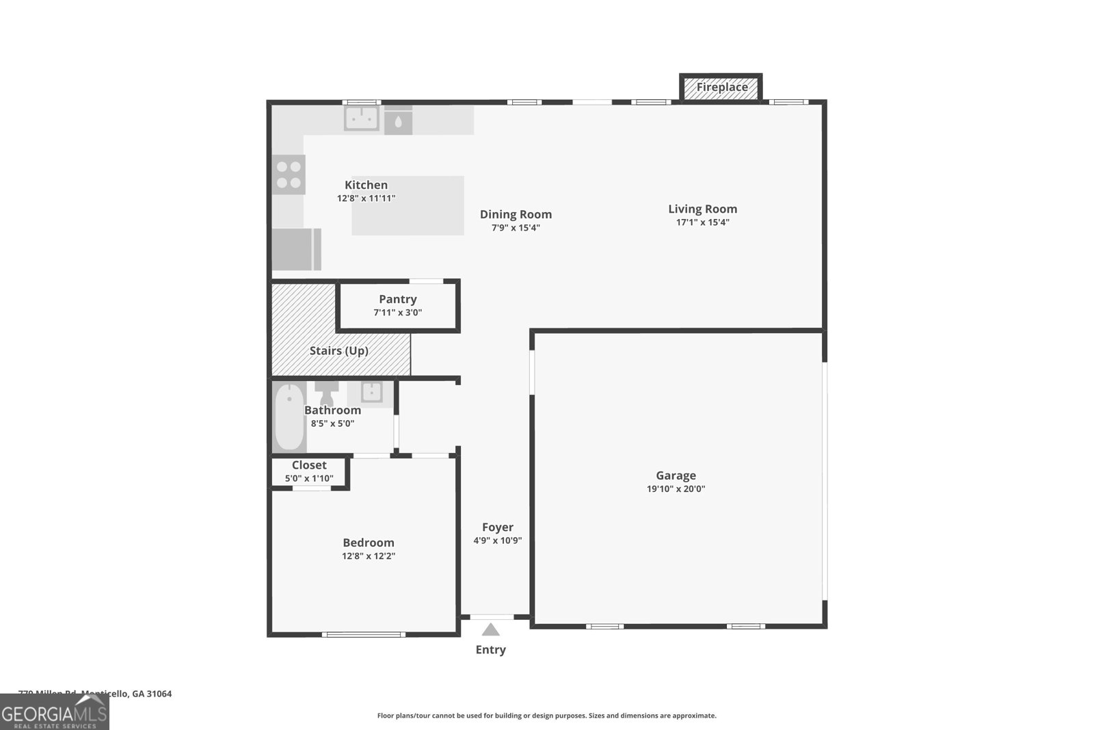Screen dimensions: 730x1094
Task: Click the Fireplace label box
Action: coord(721,88)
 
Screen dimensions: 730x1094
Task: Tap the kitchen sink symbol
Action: coord(361,118)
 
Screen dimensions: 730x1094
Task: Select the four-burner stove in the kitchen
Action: coord(289,174)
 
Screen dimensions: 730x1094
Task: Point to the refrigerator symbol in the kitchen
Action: coord(296,249)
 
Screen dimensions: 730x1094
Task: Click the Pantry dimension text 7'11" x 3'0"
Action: coord(397,313)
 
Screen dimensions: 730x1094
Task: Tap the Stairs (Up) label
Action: coord(338,351)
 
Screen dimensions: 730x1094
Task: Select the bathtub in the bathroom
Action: coord(289,417)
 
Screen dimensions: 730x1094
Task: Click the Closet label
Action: coord(309,465)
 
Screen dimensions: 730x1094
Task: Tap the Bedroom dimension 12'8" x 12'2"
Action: coord(369,556)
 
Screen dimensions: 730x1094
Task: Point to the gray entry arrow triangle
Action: coord(490,629)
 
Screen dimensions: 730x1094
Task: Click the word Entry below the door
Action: coord(490,650)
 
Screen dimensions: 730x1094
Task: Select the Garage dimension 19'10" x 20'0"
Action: coord(676,489)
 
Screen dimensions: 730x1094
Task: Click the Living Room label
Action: coord(702,209)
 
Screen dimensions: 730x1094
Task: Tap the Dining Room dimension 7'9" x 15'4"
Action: coord(516,228)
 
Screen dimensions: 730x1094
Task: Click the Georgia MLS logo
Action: coord(54,712)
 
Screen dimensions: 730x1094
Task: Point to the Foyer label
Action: coord(497,527)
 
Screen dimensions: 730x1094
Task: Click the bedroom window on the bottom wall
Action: coord(363,634)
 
